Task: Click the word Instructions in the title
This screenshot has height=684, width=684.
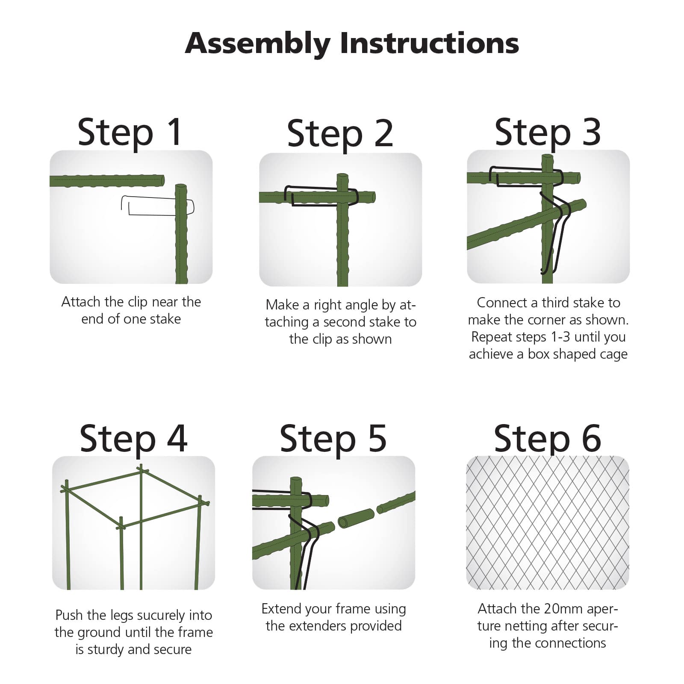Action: point(429,43)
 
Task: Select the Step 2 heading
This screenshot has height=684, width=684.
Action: point(340,134)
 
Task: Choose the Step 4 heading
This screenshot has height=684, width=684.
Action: point(133,439)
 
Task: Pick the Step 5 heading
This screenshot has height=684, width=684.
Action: point(333,439)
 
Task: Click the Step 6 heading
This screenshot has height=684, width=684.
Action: point(548,439)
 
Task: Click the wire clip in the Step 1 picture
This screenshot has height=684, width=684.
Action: point(157,205)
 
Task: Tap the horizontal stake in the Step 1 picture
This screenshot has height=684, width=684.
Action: point(107,180)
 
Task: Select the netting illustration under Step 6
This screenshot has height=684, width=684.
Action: point(548,523)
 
